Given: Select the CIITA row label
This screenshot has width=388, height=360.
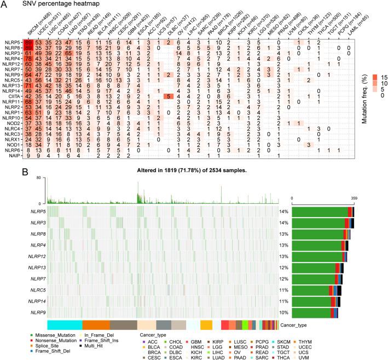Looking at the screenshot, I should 13,95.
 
